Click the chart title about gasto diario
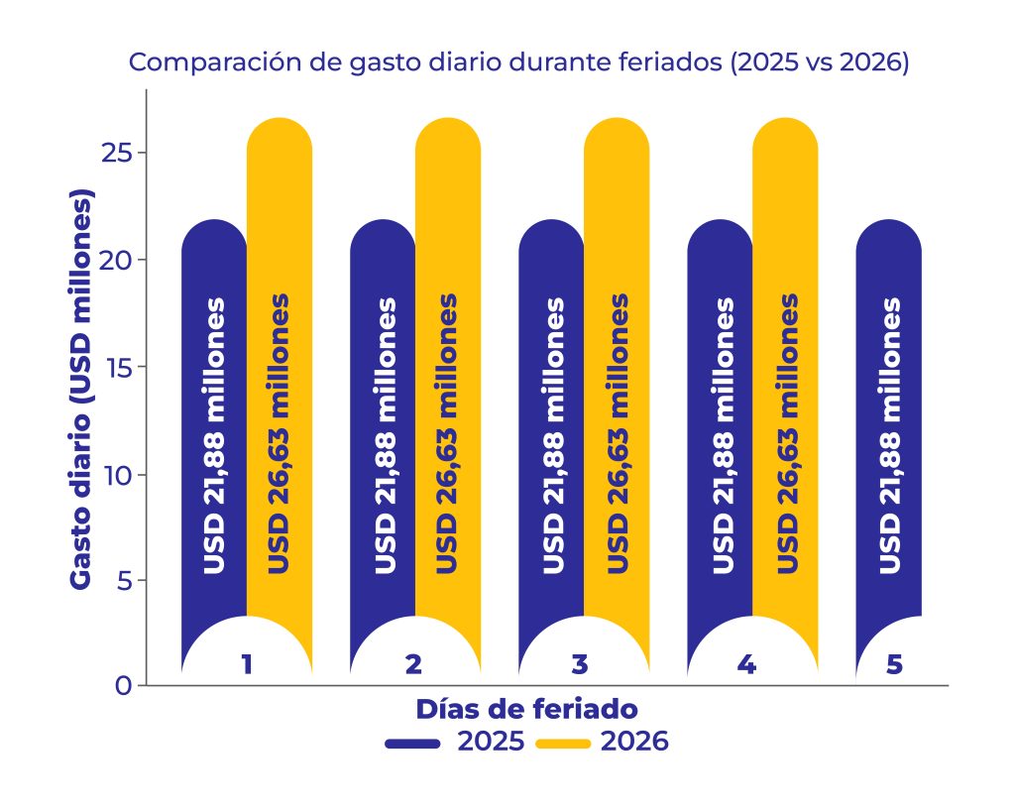(x=519, y=61)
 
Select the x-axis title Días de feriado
(x=525, y=710)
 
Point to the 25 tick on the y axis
(x=118, y=153)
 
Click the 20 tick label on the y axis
(x=118, y=260)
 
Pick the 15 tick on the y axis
(x=120, y=367)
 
